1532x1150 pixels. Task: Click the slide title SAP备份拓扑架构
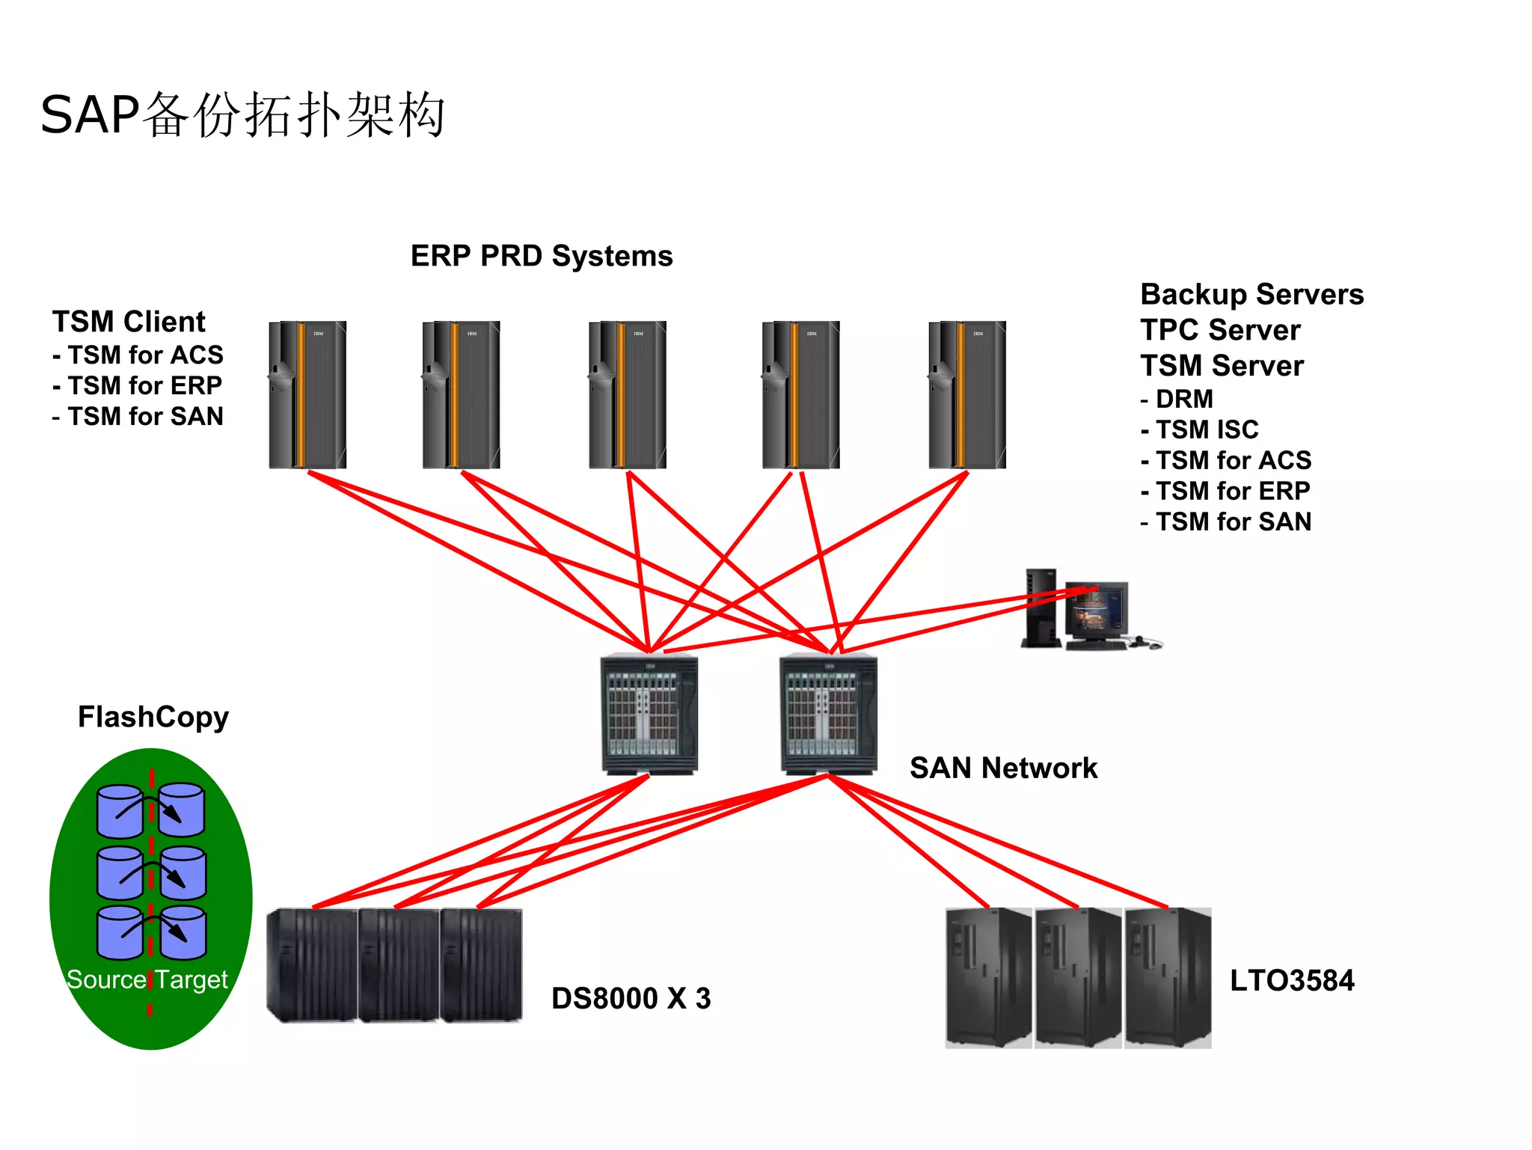242,115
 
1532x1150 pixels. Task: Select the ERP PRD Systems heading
542,256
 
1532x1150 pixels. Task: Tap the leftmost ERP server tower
307,395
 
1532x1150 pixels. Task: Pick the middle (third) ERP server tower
627,395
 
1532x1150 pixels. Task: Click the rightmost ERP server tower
966,395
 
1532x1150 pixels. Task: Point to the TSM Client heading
129,322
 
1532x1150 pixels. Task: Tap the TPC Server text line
1220,330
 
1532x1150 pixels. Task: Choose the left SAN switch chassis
649,715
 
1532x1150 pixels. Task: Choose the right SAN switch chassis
828,715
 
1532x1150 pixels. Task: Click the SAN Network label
1003,768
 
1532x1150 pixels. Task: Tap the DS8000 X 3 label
631,998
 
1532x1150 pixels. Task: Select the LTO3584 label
1292,980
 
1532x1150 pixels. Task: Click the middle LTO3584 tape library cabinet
1078,977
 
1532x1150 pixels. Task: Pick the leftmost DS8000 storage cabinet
312,965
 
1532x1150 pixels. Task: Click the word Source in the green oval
106,979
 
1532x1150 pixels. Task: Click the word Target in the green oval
191,979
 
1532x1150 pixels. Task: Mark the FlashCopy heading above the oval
153,717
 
